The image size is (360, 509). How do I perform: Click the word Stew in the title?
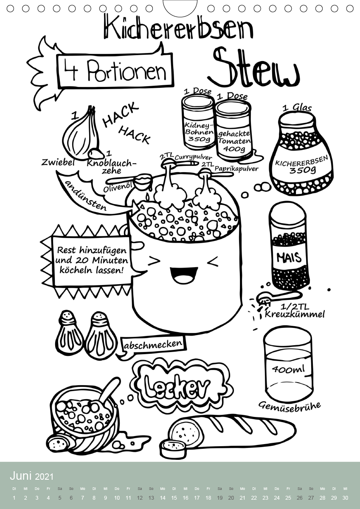coord(253,68)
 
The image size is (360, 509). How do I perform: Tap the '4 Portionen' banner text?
coord(115,70)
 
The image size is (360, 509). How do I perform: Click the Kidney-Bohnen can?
coord(199,121)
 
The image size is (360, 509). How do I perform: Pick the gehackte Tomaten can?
coord(234,130)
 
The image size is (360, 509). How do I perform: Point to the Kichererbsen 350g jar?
coord(301,154)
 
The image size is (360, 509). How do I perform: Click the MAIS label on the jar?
coord(289,257)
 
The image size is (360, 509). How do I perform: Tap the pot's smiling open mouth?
coord(182,275)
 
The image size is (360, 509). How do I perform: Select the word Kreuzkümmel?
coord(295,314)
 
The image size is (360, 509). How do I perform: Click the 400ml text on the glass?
coord(288,369)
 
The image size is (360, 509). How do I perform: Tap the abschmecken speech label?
coord(153,344)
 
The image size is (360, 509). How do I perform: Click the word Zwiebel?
coord(58,162)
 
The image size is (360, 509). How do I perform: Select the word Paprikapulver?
coord(236,168)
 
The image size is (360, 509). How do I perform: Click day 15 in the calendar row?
coord(174,498)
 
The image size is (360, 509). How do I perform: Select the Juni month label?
coord(21,476)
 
